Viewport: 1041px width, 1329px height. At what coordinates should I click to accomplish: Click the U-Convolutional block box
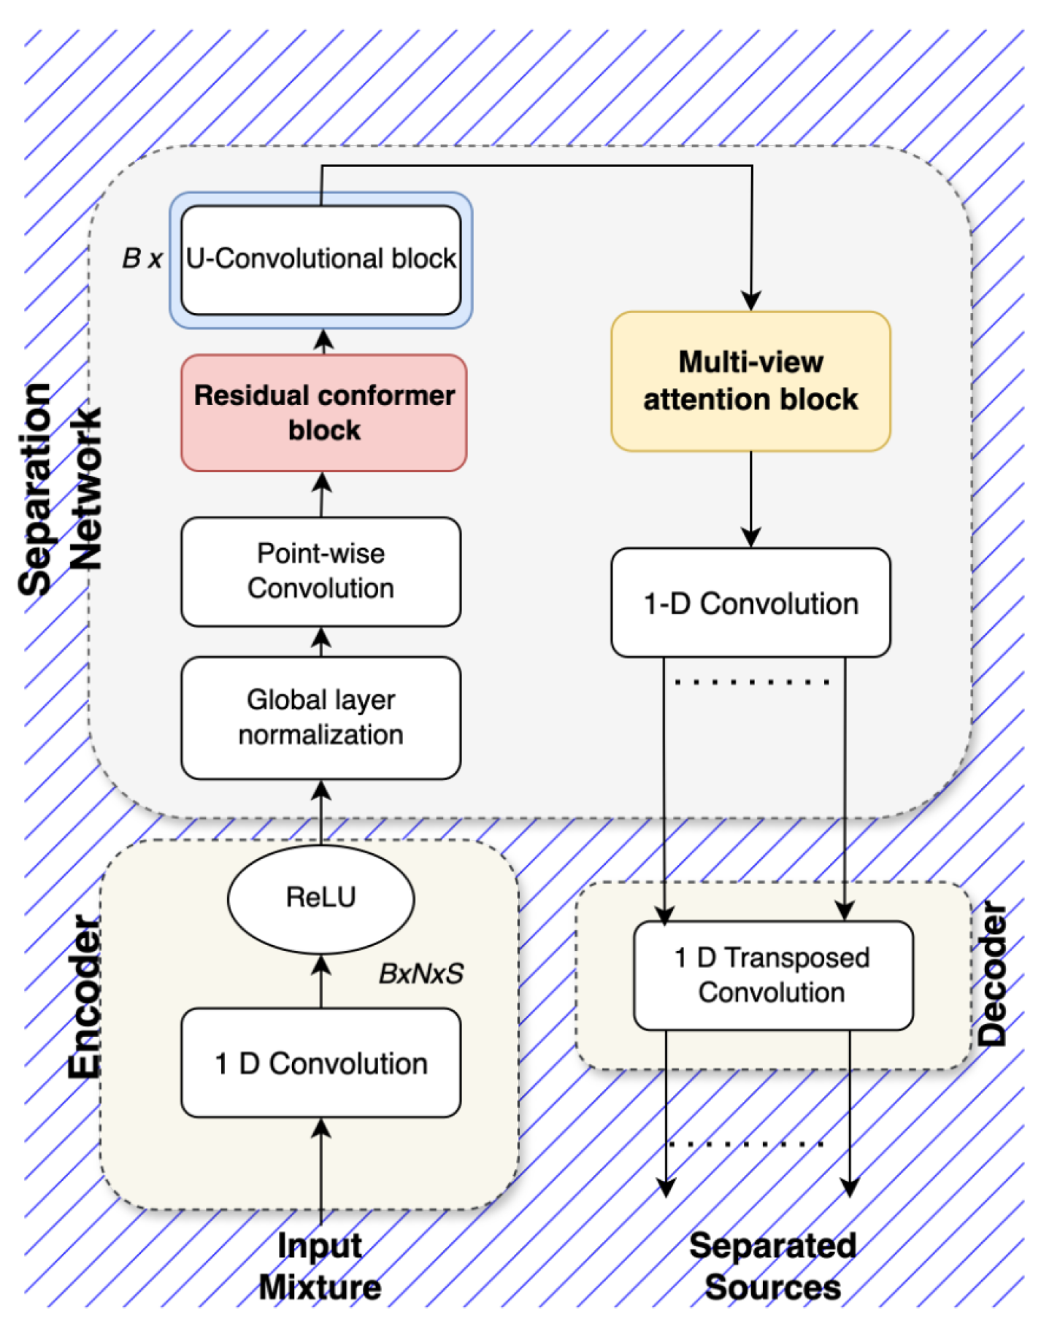(320, 260)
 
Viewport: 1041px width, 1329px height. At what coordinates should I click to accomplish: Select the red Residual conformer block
(323, 413)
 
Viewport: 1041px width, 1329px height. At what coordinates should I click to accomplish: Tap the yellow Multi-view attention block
(750, 381)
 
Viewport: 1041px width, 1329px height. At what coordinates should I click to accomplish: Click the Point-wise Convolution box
(320, 571)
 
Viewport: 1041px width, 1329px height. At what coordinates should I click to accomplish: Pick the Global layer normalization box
(320, 717)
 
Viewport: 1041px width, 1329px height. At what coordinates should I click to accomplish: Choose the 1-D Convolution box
(750, 603)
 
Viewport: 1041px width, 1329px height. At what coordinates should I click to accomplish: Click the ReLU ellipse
(320, 898)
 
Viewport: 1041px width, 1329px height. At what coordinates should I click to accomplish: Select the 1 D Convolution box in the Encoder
(320, 1063)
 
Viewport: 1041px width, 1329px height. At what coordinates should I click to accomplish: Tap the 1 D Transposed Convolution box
(772, 975)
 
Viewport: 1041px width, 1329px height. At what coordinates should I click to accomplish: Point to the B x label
(142, 258)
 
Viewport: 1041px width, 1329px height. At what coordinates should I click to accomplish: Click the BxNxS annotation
(420, 974)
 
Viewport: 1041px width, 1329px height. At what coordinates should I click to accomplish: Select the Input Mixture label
(320, 1266)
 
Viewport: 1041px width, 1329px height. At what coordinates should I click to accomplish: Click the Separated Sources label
(772, 1266)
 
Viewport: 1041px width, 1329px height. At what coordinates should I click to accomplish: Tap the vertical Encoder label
(85, 996)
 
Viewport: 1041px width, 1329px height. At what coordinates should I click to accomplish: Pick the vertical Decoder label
(993, 974)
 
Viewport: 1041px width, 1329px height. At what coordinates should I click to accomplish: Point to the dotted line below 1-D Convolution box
(752, 682)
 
